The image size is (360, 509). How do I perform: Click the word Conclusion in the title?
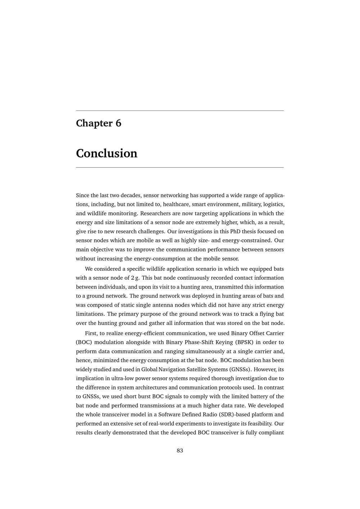107,153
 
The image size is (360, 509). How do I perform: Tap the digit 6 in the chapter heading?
118,123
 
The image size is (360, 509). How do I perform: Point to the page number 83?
180,451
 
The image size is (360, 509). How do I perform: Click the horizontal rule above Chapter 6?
180,111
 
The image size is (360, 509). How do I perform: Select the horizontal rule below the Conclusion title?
180,167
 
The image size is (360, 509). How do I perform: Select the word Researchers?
155,213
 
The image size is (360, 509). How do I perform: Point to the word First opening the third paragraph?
91,333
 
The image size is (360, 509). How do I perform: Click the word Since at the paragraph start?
83,195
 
